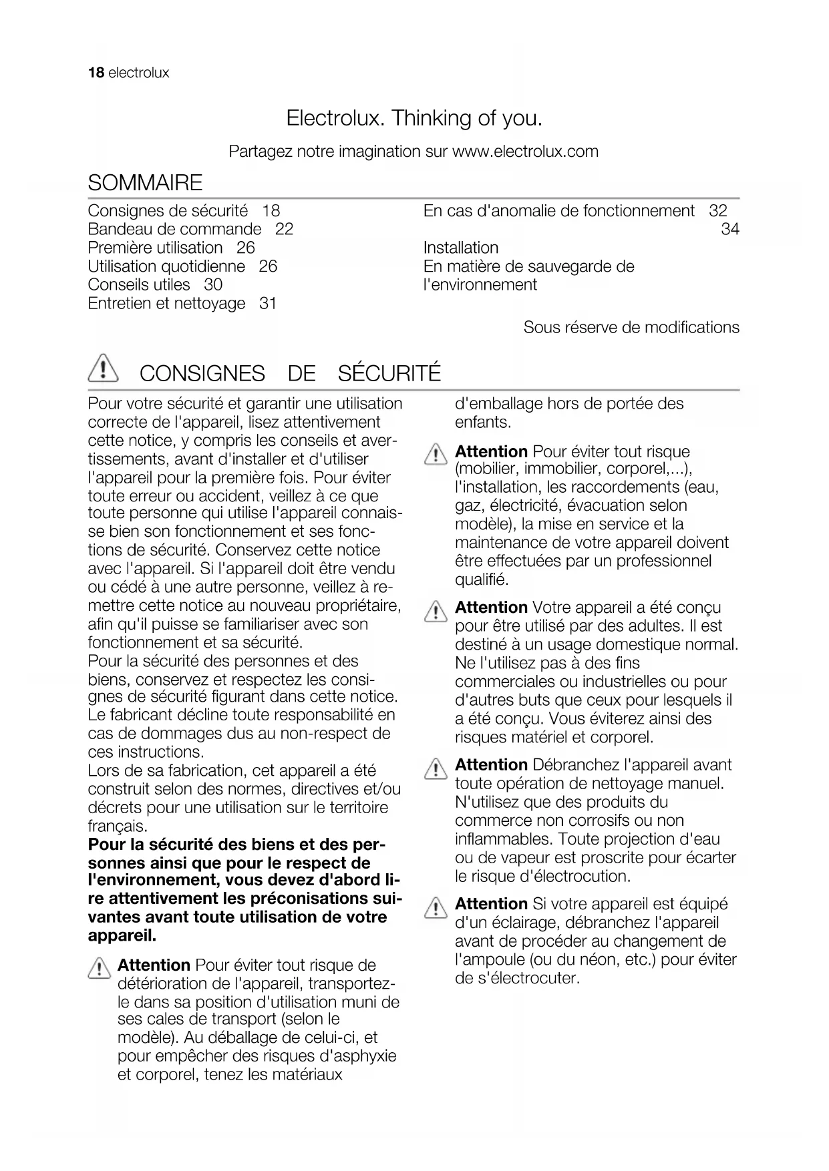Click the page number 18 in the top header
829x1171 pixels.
tap(96, 73)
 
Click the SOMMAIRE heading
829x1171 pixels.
tap(145, 182)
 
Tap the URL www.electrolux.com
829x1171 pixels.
tap(525, 152)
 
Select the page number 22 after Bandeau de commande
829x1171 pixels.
tap(284, 229)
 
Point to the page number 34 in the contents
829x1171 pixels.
tap(729, 229)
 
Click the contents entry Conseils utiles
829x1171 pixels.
tap(139, 284)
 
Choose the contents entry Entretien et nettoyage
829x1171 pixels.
tap(166, 303)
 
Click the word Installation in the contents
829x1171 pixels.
tap(461, 248)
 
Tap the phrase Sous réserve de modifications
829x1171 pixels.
tap(631, 327)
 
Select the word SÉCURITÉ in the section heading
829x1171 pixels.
tap(389, 373)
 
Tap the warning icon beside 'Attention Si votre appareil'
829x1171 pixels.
tap(436, 909)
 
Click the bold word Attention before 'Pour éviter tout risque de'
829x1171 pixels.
tap(154, 965)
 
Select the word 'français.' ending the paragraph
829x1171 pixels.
tap(118, 827)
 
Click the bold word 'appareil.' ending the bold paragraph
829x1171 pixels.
tap(122, 935)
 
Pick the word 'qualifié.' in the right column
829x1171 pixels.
tap(482, 579)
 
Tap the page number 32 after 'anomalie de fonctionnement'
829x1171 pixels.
tap(717, 210)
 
